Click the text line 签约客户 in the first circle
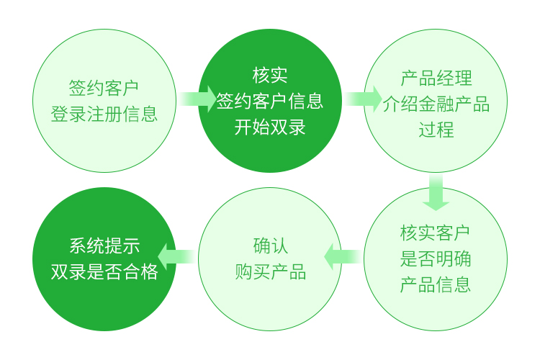point(104,88)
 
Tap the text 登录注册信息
point(104,114)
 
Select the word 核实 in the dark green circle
point(270,75)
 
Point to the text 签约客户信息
point(270,101)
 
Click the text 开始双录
point(270,127)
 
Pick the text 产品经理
point(436,78)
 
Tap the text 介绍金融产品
point(436,104)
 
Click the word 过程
point(436,130)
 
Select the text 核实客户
point(435,233)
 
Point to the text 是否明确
point(435,259)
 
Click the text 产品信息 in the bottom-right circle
point(435,285)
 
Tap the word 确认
point(270,246)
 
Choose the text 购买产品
point(270,272)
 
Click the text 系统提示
point(104,246)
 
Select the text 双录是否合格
point(104,272)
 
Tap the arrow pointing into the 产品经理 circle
point(364,99)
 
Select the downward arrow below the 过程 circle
point(436,192)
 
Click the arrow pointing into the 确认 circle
point(342,257)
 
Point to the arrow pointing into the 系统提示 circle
point(176,257)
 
